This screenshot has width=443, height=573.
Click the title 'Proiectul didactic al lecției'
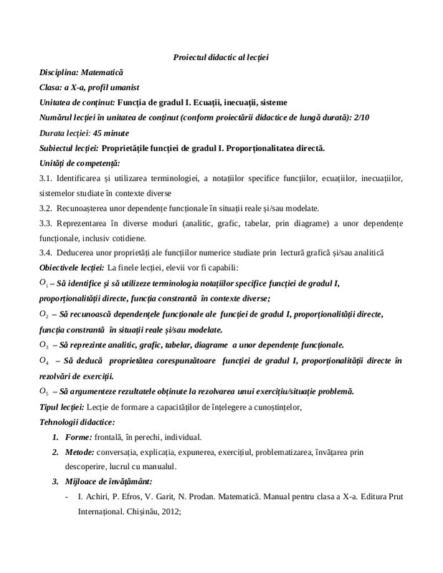click(221, 57)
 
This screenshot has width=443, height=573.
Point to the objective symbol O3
click(44, 345)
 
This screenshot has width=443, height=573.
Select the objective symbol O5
click(44, 391)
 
